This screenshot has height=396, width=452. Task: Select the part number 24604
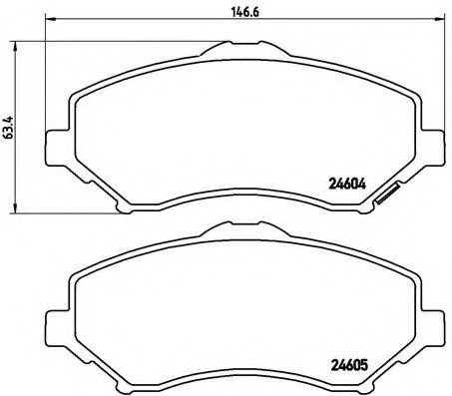click(x=344, y=183)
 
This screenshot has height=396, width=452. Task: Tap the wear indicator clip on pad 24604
click(x=385, y=198)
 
